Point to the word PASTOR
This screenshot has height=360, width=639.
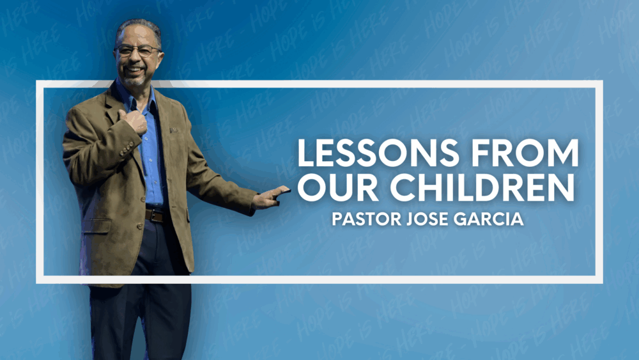(x=367, y=219)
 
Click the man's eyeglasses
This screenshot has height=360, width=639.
(x=137, y=51)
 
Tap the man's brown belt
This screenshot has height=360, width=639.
(x=155, y=215)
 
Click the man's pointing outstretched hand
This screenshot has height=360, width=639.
(x=270, y=197)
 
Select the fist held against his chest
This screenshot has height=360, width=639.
(x=134, y=121)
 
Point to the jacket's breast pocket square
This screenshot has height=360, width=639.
(x=174, y=130)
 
